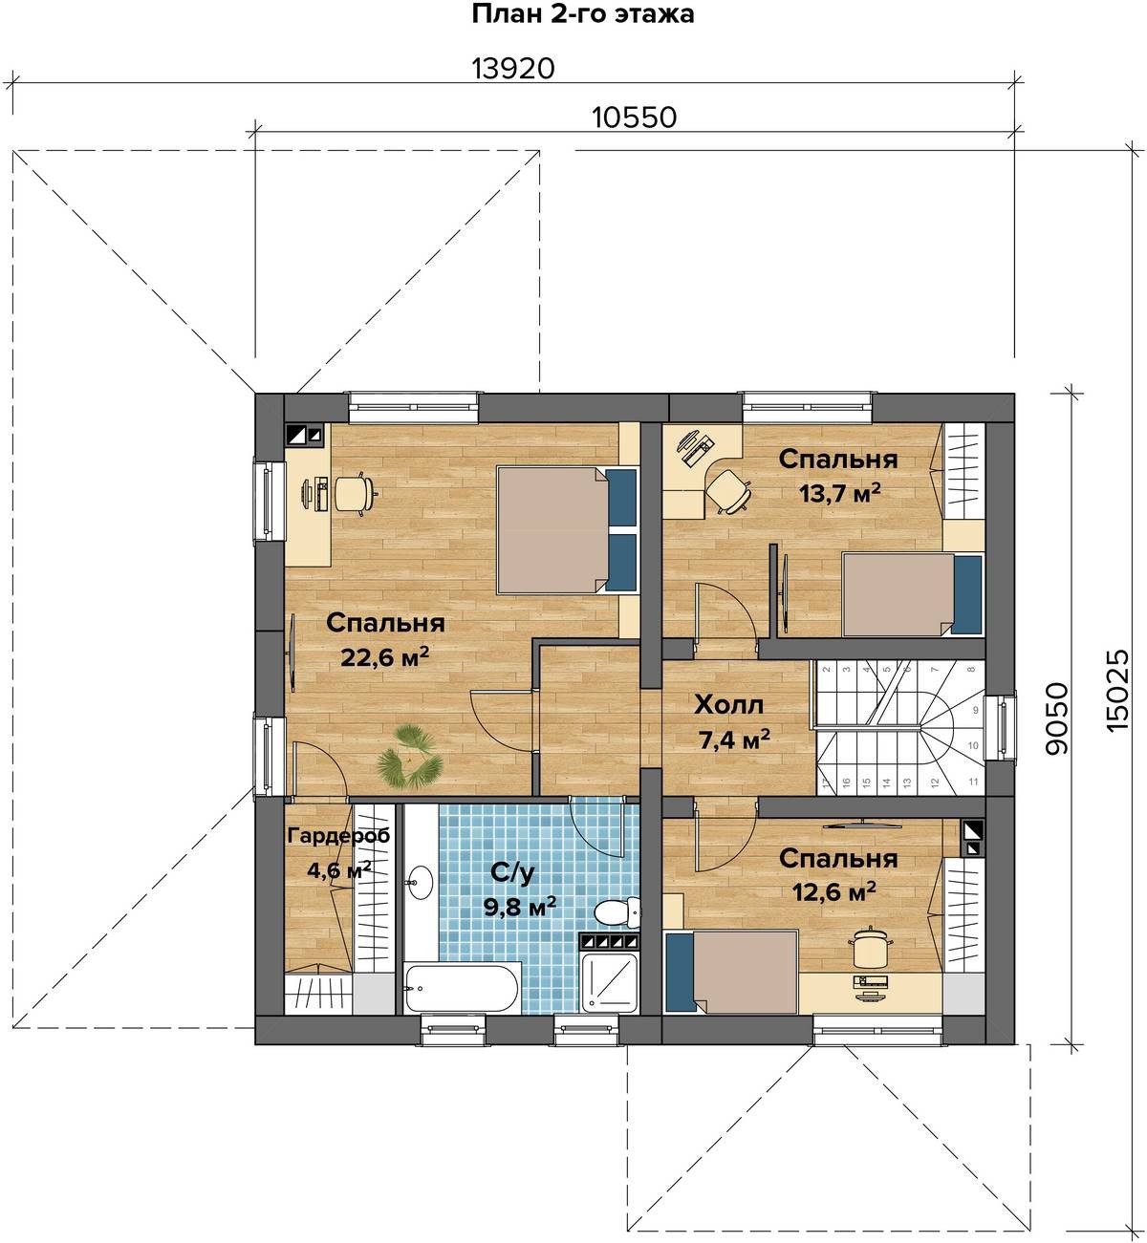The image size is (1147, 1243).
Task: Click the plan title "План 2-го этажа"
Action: [582, 13]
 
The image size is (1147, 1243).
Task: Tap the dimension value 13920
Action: [512, 68]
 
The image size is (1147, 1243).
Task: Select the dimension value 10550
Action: [634, 118]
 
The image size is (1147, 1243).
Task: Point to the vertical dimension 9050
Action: [1058, 718]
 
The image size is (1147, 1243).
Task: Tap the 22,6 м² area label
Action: [384, 656]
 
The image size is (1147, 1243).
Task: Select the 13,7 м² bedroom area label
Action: [839, 493]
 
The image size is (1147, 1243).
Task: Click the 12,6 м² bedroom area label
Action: [833, 891]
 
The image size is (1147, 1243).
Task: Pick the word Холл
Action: [728, 705]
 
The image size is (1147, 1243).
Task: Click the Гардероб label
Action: [338, 836]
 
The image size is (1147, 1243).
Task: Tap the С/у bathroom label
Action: [512, 871]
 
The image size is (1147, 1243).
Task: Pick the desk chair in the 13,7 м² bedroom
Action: [729, 491]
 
